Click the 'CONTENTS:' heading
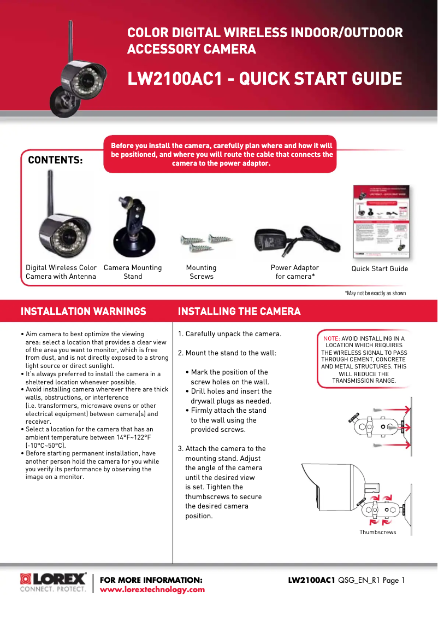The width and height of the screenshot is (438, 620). pos(55,160)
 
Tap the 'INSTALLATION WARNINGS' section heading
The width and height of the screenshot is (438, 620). pos(84,312)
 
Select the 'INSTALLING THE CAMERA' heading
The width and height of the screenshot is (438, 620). pos(239,312)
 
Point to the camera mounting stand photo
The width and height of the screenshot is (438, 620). pos(133,227)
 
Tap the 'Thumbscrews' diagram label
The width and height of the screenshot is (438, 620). pos(377,532)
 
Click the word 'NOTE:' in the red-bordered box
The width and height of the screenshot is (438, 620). pos(332,338)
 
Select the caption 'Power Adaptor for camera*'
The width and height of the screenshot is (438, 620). pos(295,272)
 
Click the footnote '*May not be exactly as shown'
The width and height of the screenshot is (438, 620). pos(375,294)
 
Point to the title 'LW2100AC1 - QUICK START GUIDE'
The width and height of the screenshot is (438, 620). pos(264,79)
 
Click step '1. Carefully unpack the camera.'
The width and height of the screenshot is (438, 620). pos(230,334)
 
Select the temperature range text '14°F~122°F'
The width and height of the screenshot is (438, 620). pos(134,437)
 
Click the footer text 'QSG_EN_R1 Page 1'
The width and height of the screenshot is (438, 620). pos(371,580)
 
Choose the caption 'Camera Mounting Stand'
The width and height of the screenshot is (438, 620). pos(133,272)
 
